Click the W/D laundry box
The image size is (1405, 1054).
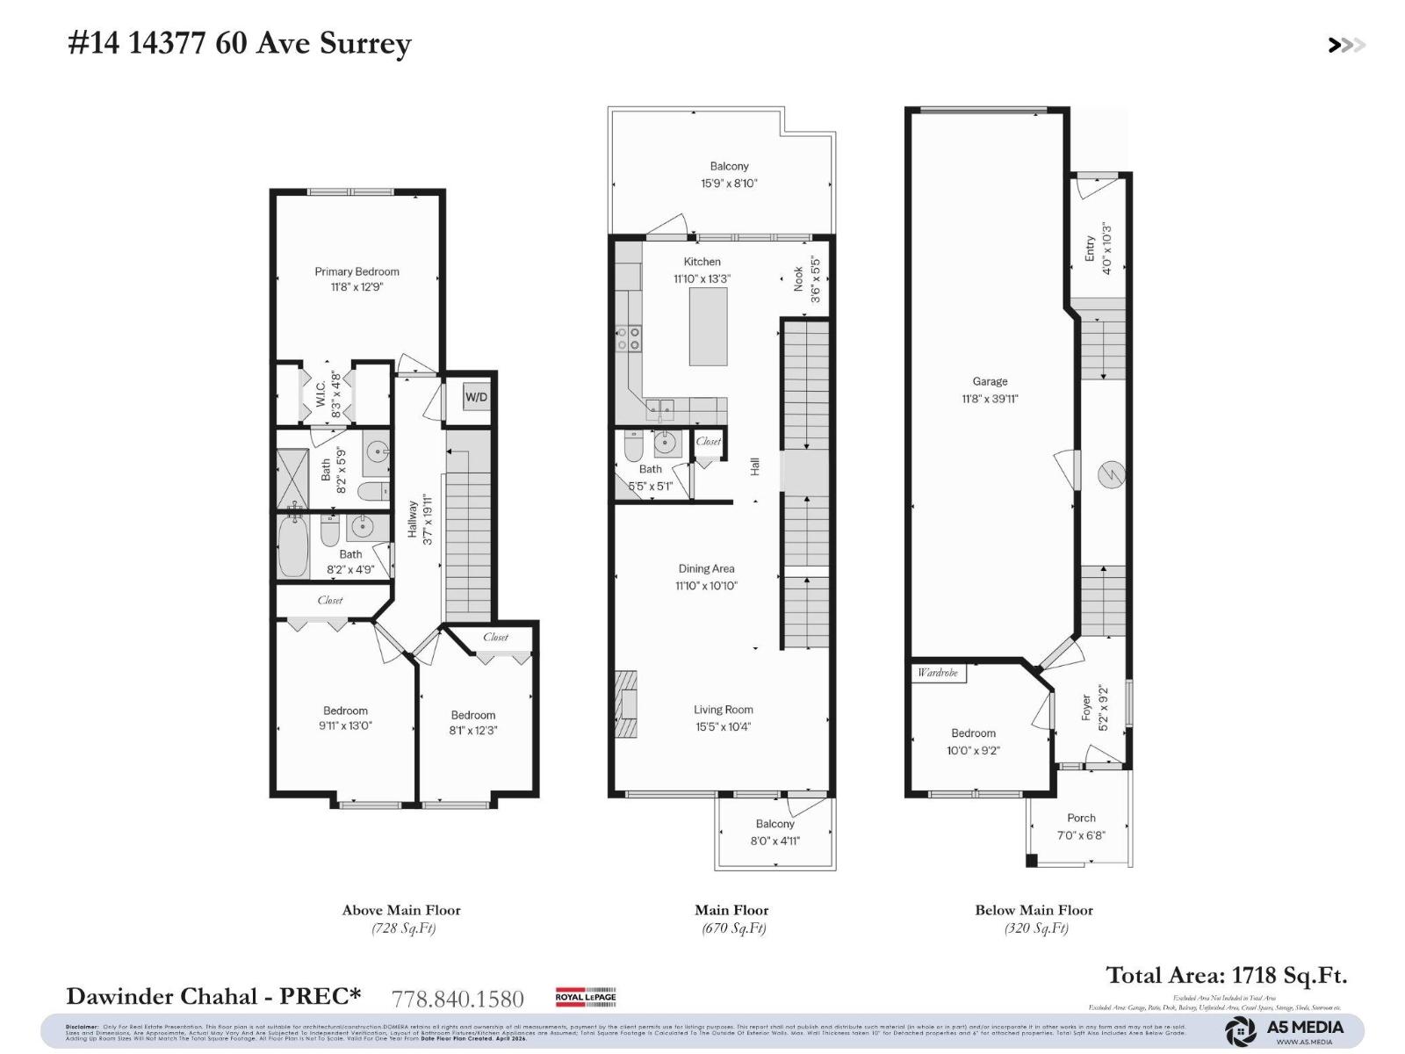pyautogui.click(x=477, y=397)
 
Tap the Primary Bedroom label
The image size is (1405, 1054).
pyautogui.click(x=357, y=271)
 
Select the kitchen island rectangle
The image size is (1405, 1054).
pyautogui.click(x=708, y=326)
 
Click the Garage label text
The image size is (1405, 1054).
pyautogui.click(x=990, y=381)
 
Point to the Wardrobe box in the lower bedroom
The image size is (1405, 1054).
pyautogui.click(x=938, y=673)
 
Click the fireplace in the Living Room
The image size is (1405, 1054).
pyautogui.click(x=625, y=704)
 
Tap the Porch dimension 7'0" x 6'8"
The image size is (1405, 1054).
pyautogui.click(x=1081, y=835)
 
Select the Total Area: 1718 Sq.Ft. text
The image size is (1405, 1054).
pyautogui.click(x=1226, y=975)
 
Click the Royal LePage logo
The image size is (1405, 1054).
pyautogui.click(x=586, y=996)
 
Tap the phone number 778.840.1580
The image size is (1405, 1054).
pyautogui.click(x=458, y=999)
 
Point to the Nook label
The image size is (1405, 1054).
pyautogui.click(x=798, y=278)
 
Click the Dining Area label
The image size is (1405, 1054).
pyautogui.click(x=706, y=568)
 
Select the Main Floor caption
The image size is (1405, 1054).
pyautogui.click(x=731, y=910)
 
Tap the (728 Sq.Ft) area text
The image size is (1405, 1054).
pyautogui.click(x=402, y=928)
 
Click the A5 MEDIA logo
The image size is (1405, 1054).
pyautogui.click(x=1286, y=1030)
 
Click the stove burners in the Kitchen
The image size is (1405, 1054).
pyautogui.click(x=629, y=338)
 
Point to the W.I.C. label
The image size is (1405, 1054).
pyautogui.click(x=321, y=399)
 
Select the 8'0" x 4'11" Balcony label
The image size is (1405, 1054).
pyautogui.click(x=775, y=832)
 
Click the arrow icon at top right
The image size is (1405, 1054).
pyautogui.click(x=1345, y=45)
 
